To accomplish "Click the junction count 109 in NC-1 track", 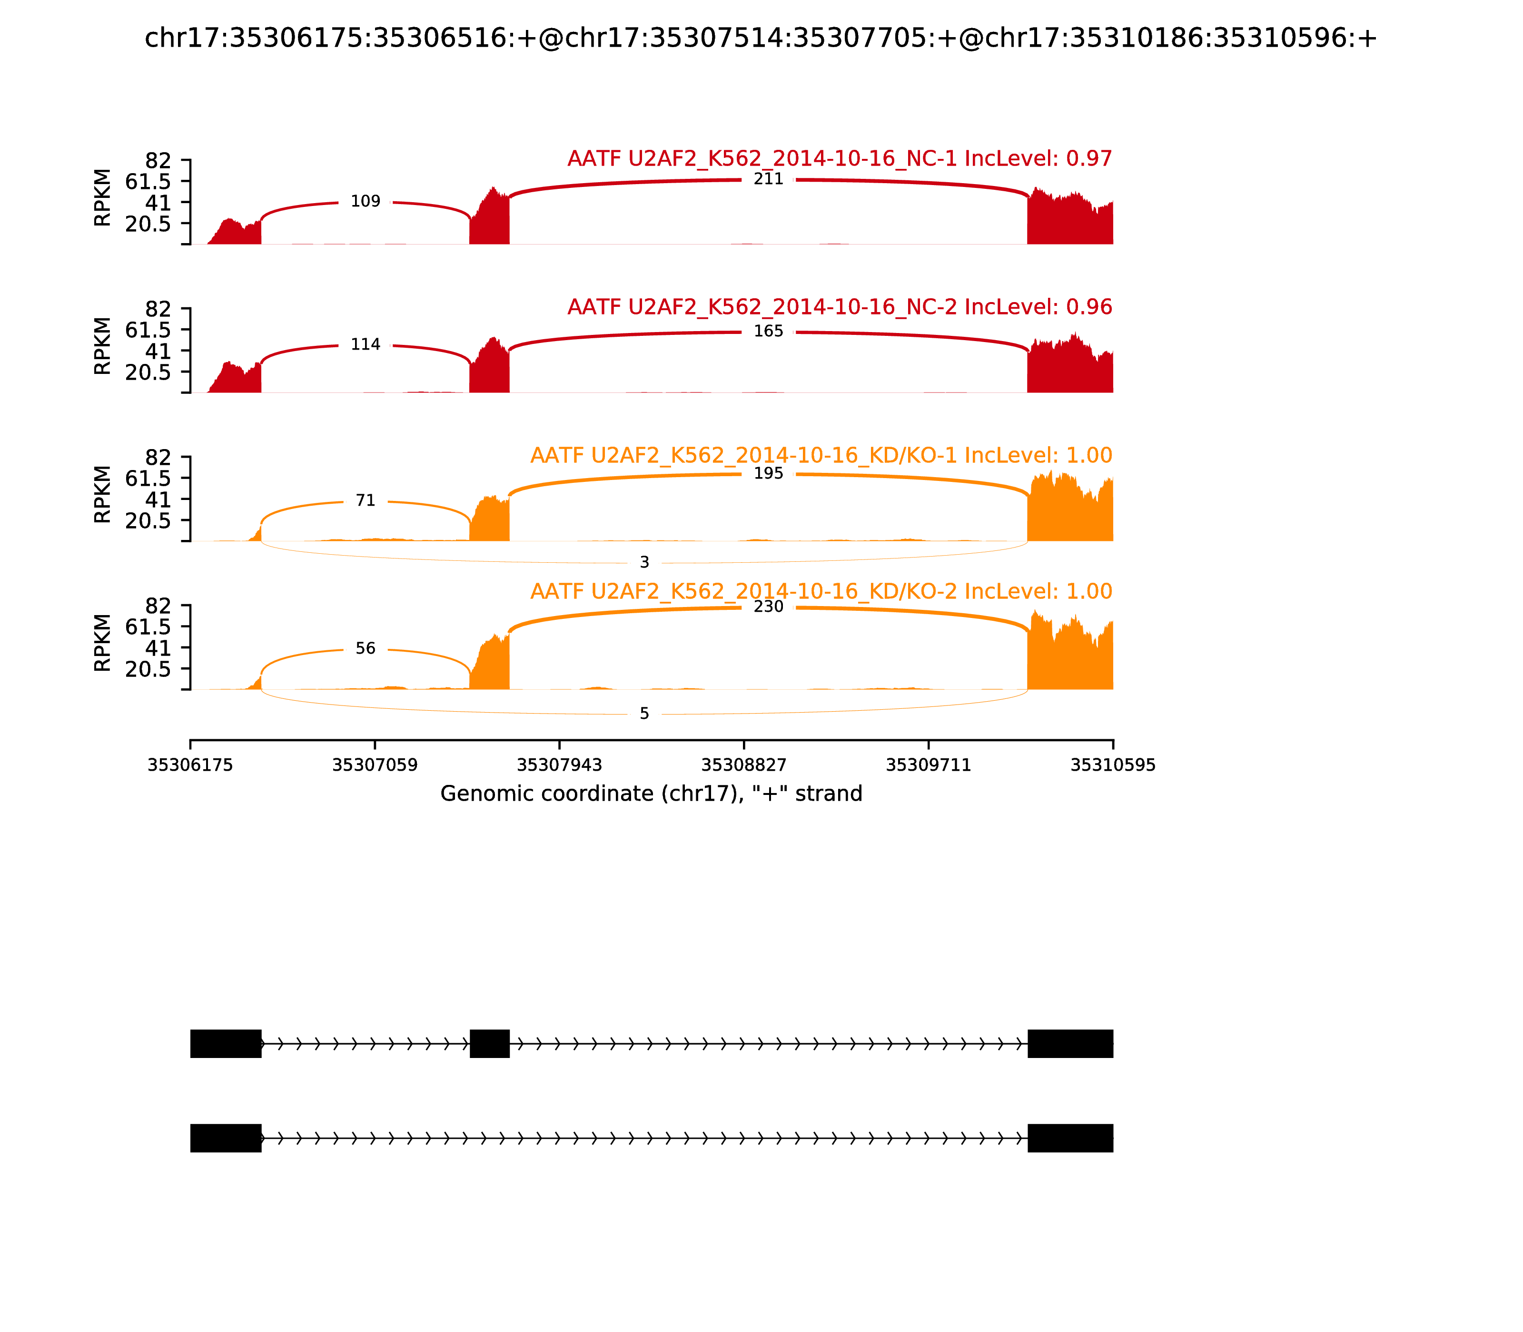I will coord(365,201).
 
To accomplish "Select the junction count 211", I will coord(768,179).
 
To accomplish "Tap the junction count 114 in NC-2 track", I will coord(365,344).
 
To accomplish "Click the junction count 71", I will coord(365,500).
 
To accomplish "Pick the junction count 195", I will coord(768,473).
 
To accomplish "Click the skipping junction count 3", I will coord(644,563).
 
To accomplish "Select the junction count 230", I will coord(768,607).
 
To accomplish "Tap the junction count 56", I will coord(365,648).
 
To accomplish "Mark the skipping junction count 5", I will coord(644,714).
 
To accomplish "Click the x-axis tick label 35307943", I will coord(559,765).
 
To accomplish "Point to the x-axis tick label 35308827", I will coord(743,765).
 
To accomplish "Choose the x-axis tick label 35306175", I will coord(190,765).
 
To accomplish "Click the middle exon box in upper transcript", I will coord(489,1044).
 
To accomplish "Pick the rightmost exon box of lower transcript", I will coord(1070,1138).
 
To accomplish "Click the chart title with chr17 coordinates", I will coord(761,38).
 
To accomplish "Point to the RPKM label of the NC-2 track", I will coord(103,346).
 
